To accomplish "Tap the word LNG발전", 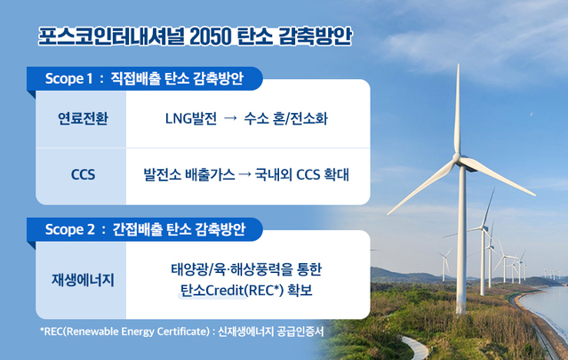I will point(190,117).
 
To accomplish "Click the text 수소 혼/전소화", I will point(285,117).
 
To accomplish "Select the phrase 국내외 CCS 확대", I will point(300,174).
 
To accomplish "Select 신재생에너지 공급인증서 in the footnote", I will point(276,332).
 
